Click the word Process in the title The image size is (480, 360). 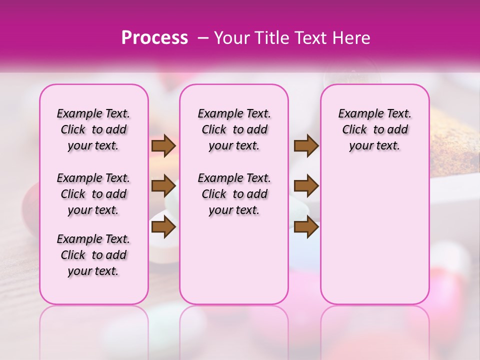click(154, 37)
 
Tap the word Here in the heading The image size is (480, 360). click(350, 37)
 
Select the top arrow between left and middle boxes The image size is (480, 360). click(163, 145)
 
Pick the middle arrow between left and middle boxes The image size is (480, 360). click(163, 186)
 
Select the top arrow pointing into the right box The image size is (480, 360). click(306, 145)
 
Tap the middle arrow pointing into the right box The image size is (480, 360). click(306, 186)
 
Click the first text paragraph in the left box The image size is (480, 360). click(93, 129)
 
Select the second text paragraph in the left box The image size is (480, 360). click(93, 194)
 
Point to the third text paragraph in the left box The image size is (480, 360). click(93, 255)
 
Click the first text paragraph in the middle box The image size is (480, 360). click(234, 129)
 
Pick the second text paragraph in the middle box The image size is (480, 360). click(234, 194)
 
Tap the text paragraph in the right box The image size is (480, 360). click(375, 129)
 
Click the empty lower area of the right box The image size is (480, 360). click(375, 235)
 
